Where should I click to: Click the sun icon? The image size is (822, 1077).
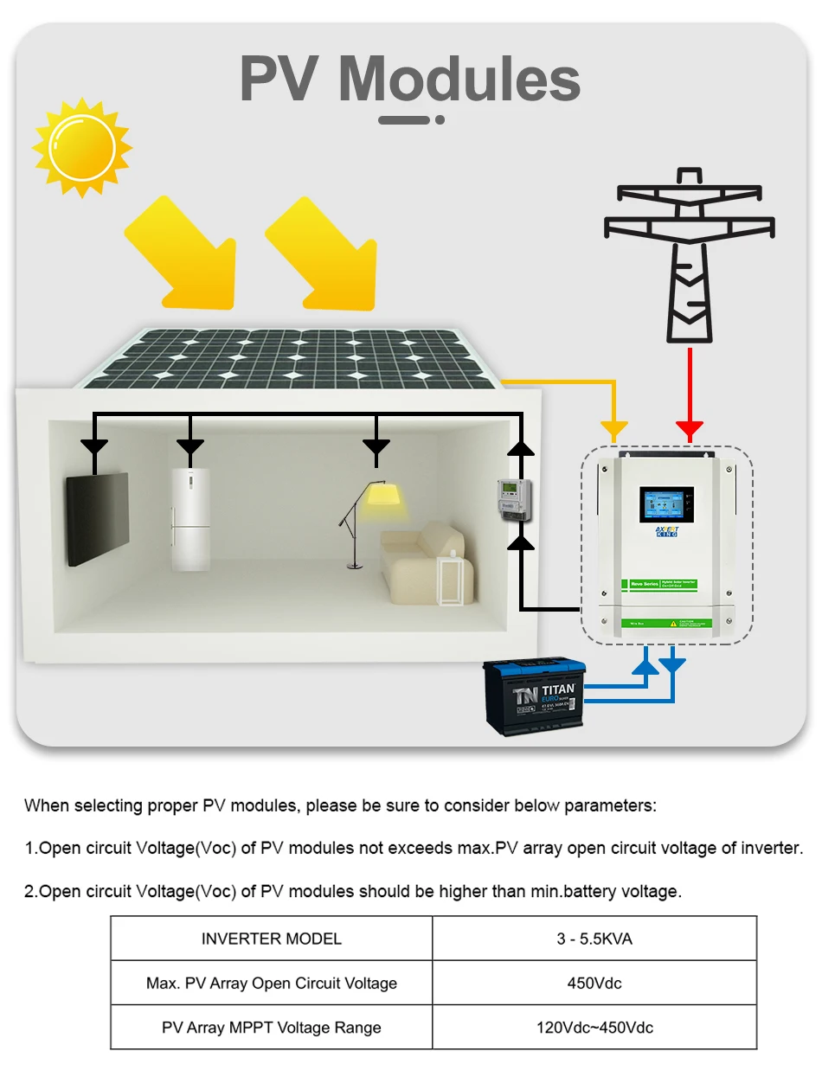(81, 147)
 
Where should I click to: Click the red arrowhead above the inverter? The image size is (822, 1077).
(689, 429)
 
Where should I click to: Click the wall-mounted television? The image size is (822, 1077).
(98, 519)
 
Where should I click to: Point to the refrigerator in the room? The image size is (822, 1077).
(189, 519)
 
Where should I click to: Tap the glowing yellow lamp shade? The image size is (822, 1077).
(382, 495)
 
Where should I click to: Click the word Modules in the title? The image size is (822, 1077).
(459, 80)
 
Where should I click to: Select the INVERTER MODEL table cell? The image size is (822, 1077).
(271, 939)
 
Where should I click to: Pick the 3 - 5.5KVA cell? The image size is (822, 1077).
(594, 939)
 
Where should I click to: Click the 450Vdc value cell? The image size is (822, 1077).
(594, 983)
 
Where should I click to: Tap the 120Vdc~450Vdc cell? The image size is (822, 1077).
(594, 1028)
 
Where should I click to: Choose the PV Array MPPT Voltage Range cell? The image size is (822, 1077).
(271, 1028)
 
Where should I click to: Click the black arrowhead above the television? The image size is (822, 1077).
(93, 447)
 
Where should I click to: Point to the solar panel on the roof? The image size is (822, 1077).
(286, 356)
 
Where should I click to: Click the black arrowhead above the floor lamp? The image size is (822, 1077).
(376, 447)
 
